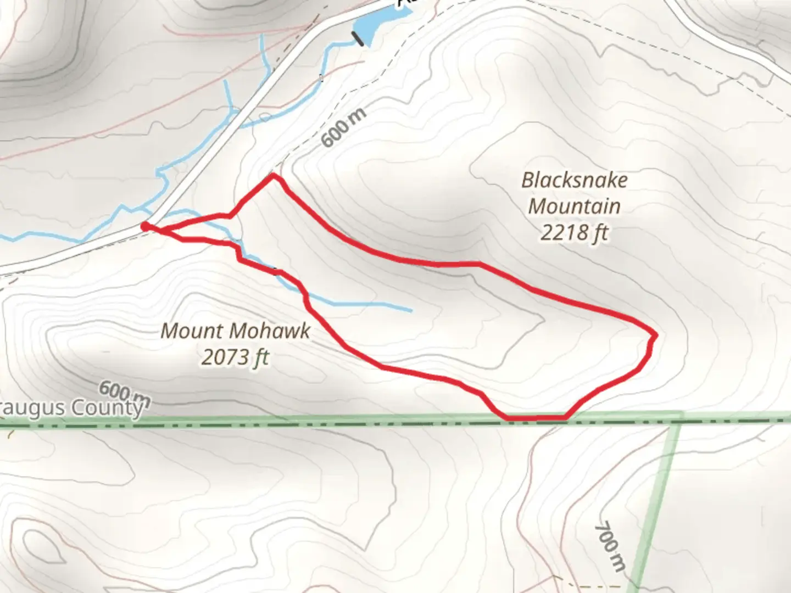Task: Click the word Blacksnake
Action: click(574, 181)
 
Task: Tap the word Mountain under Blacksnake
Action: click(574, 206)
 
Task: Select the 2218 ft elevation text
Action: click(574, 233)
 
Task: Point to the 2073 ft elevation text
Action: click(235, 357)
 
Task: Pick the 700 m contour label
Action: click(610, 546)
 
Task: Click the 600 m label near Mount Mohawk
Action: click(124, 391)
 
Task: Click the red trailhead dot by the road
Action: click(145, 226)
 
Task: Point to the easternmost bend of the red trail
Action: click(654, 335)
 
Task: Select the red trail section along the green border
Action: click(536, 418)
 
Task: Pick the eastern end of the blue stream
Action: click(410, 311)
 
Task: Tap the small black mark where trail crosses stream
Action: click(275, 271)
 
